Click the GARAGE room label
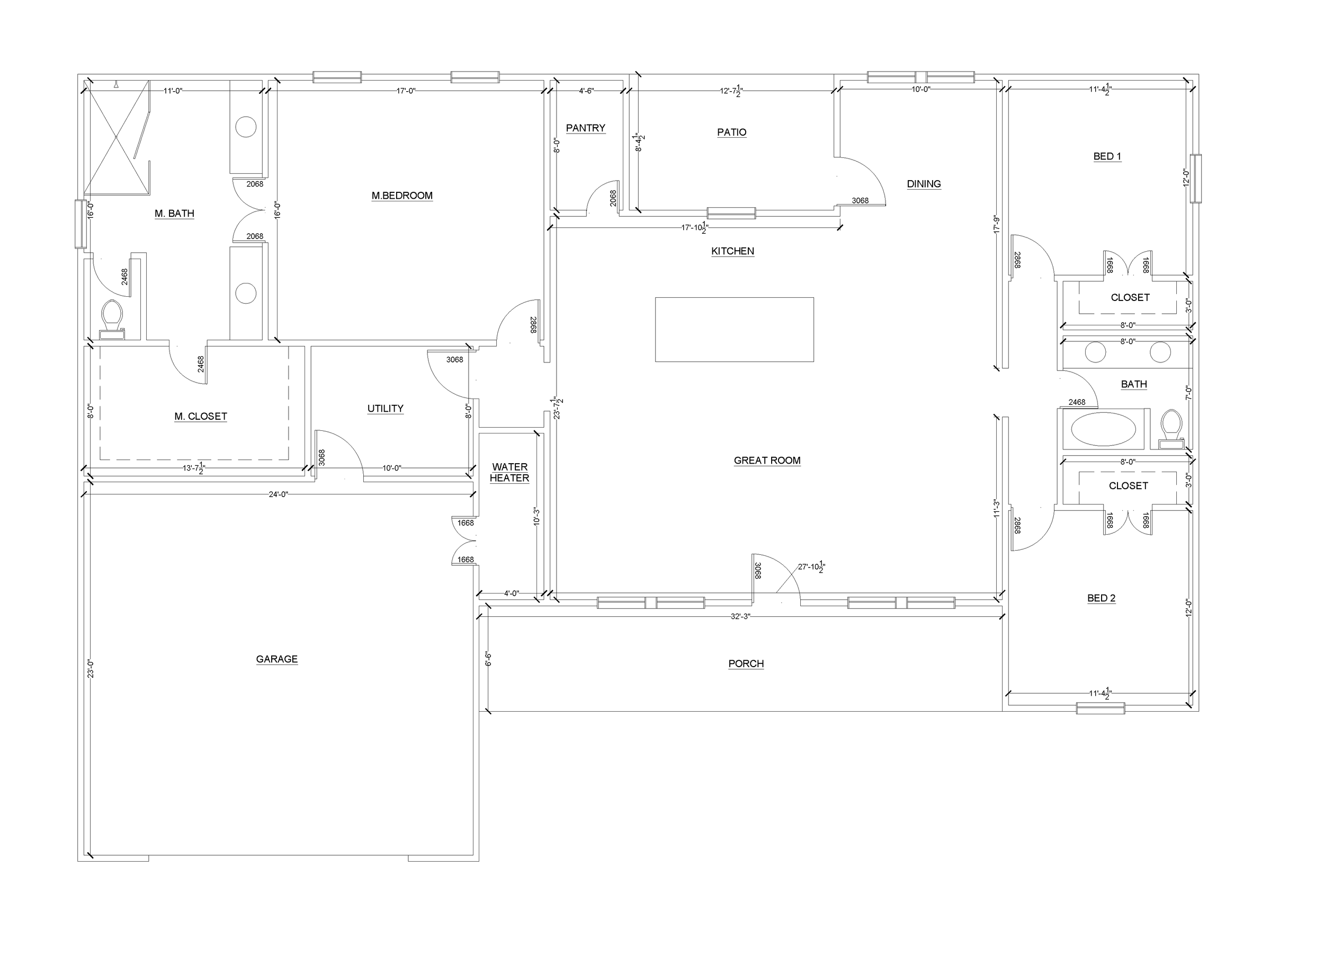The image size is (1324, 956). [276, 659]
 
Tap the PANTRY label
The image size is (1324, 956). [586, 128]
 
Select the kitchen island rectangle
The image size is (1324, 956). [735, 330]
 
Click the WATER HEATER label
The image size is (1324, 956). [509, 473]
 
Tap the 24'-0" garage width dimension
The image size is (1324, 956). [279, 494]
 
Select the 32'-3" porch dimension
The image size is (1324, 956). [740, 616]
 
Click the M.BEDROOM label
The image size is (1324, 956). [402, 196]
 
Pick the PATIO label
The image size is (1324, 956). [731, 132]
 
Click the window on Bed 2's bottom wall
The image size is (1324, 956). [1101, 709]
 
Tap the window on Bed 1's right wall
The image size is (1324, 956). [1195, 179]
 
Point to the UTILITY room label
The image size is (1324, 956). [386, 409]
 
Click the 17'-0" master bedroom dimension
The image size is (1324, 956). [406, 91]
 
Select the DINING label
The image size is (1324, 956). [924, 184]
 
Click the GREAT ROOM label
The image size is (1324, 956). [767, 461]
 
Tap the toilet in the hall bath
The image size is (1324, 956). [1171, 429]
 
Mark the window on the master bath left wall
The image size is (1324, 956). [80, 224]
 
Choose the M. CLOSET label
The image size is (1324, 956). [201, 417]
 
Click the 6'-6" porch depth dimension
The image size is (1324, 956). [488, 659]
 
